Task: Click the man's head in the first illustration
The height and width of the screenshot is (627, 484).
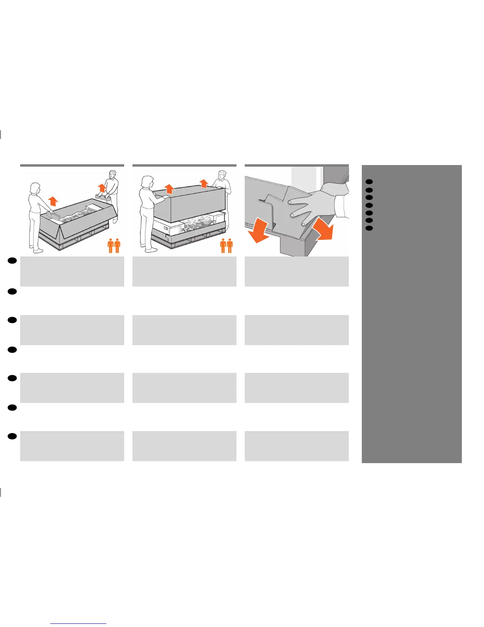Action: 113,174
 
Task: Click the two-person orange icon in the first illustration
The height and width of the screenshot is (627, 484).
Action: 114,245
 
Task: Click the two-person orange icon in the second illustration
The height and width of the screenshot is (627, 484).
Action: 227,245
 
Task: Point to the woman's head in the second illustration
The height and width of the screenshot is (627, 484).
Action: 147,182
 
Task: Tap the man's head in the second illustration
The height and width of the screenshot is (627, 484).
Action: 223,175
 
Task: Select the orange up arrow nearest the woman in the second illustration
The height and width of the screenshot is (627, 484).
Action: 169,188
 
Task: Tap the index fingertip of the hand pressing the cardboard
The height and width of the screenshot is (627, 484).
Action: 290,202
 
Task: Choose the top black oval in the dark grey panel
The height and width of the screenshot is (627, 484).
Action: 369,182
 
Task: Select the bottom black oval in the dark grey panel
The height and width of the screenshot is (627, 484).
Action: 369,228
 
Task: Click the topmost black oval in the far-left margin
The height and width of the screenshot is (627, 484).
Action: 12,260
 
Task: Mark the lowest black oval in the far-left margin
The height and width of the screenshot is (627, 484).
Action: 12,436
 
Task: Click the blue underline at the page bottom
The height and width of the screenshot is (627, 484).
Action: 78,623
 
